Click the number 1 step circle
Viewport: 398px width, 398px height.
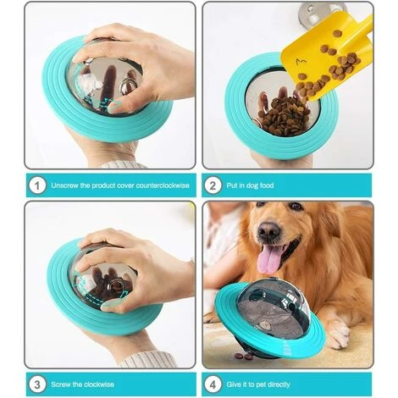pos(37,185)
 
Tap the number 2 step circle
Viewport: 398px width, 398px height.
pos(213,185)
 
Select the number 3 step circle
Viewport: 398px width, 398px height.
pos(37,384)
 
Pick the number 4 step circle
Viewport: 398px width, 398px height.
pos(213,384)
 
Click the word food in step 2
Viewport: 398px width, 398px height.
pos(266,185)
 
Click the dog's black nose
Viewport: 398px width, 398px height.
pos(268,230)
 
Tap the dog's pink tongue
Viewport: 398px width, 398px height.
pos(270,259)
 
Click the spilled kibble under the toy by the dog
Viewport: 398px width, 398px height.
pos(245,356)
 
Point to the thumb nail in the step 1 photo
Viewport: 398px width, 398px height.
pos(115,106)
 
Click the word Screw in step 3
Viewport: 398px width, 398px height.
pos(61,384)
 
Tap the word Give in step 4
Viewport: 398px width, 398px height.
pos(234,384)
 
